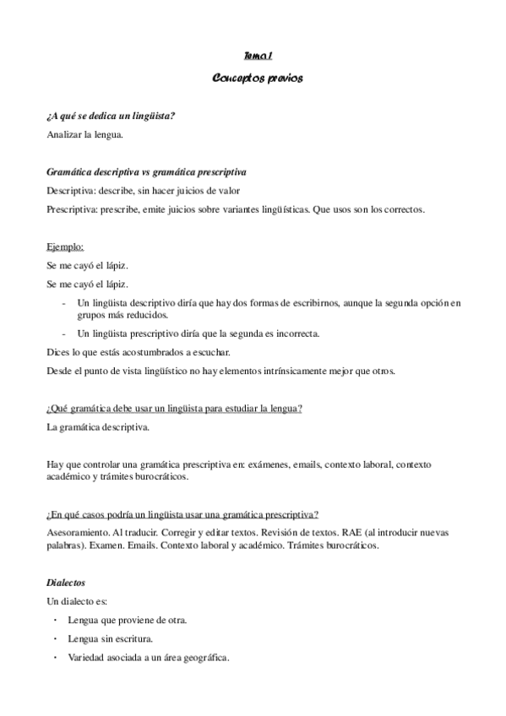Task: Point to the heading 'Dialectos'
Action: pos(67,583)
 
